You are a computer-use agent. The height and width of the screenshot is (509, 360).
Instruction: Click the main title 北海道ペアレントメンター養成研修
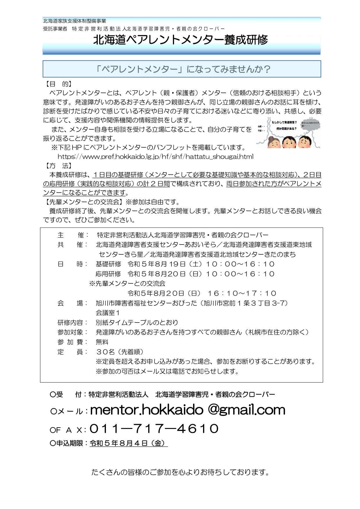pos(180,40)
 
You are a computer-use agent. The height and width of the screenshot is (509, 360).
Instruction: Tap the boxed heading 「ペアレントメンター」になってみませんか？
pos(183,69)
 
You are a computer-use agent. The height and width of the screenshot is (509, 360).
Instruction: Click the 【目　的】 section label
pos(57,84)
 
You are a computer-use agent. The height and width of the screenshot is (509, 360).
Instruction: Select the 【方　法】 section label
pos(57,166)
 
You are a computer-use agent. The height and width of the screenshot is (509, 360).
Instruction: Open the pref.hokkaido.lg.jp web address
pos(155,157)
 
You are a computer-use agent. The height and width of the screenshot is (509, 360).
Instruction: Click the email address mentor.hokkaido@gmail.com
pos(188,410)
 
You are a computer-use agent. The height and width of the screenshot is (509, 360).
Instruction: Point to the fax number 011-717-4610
pos(154,429)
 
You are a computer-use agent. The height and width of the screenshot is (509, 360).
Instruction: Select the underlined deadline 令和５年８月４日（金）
pos(129,443)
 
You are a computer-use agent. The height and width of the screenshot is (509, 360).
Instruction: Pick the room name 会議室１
pos(108,313)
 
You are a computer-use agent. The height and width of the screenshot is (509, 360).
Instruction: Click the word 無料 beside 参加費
pos(102,342)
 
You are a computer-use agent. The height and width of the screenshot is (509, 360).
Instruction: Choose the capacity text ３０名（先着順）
pos(120,352)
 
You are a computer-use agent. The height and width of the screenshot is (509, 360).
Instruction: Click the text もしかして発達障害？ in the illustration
pos(284,122)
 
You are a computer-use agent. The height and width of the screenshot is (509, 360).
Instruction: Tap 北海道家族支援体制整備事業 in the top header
pos(75,21)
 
